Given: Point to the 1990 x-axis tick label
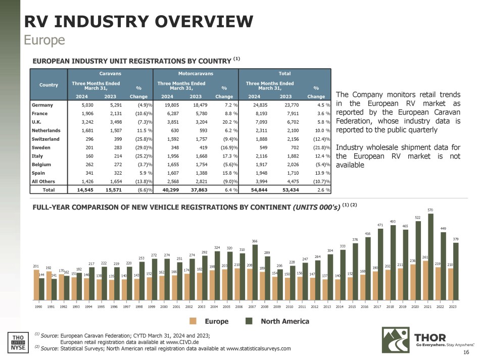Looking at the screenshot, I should tap(38, 306).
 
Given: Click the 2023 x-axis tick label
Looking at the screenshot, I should tap(453, 306).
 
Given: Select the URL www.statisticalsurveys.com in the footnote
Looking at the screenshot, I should tap(259, 348).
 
